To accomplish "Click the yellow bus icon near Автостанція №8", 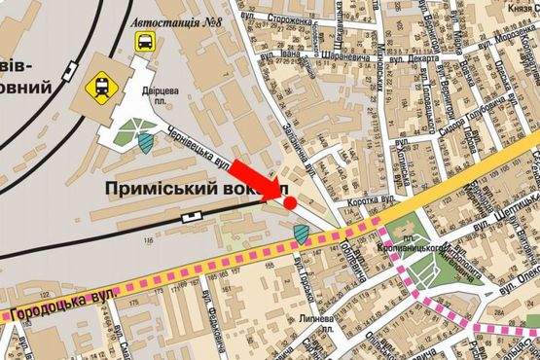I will (x=144, y=42).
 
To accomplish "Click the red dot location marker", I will (x=290, y=202).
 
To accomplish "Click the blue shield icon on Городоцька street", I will (x=302, y=234).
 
